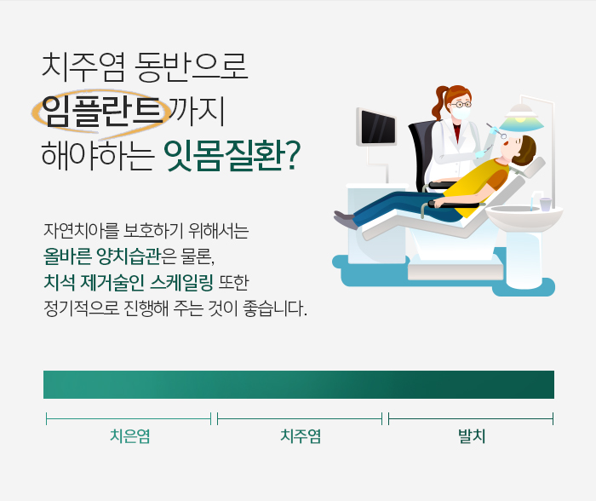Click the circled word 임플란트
coord(100,112)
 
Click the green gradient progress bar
coord(298,384)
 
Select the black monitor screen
coord(377,128)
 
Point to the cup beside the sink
coord(545,204)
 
